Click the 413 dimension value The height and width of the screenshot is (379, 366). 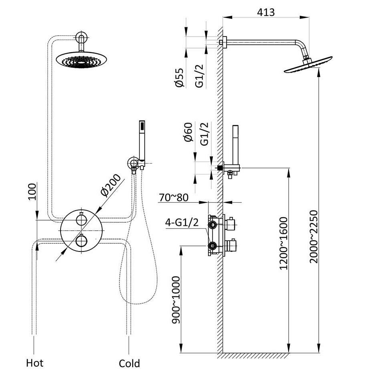266,12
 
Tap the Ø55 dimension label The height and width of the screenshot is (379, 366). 179,77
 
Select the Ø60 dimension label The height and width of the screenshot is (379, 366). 188,133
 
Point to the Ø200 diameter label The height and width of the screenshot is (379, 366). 110,185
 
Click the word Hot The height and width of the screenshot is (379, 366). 34,363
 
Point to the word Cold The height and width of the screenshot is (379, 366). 129,364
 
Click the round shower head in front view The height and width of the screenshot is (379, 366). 82,60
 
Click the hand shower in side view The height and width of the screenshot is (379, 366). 235,144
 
